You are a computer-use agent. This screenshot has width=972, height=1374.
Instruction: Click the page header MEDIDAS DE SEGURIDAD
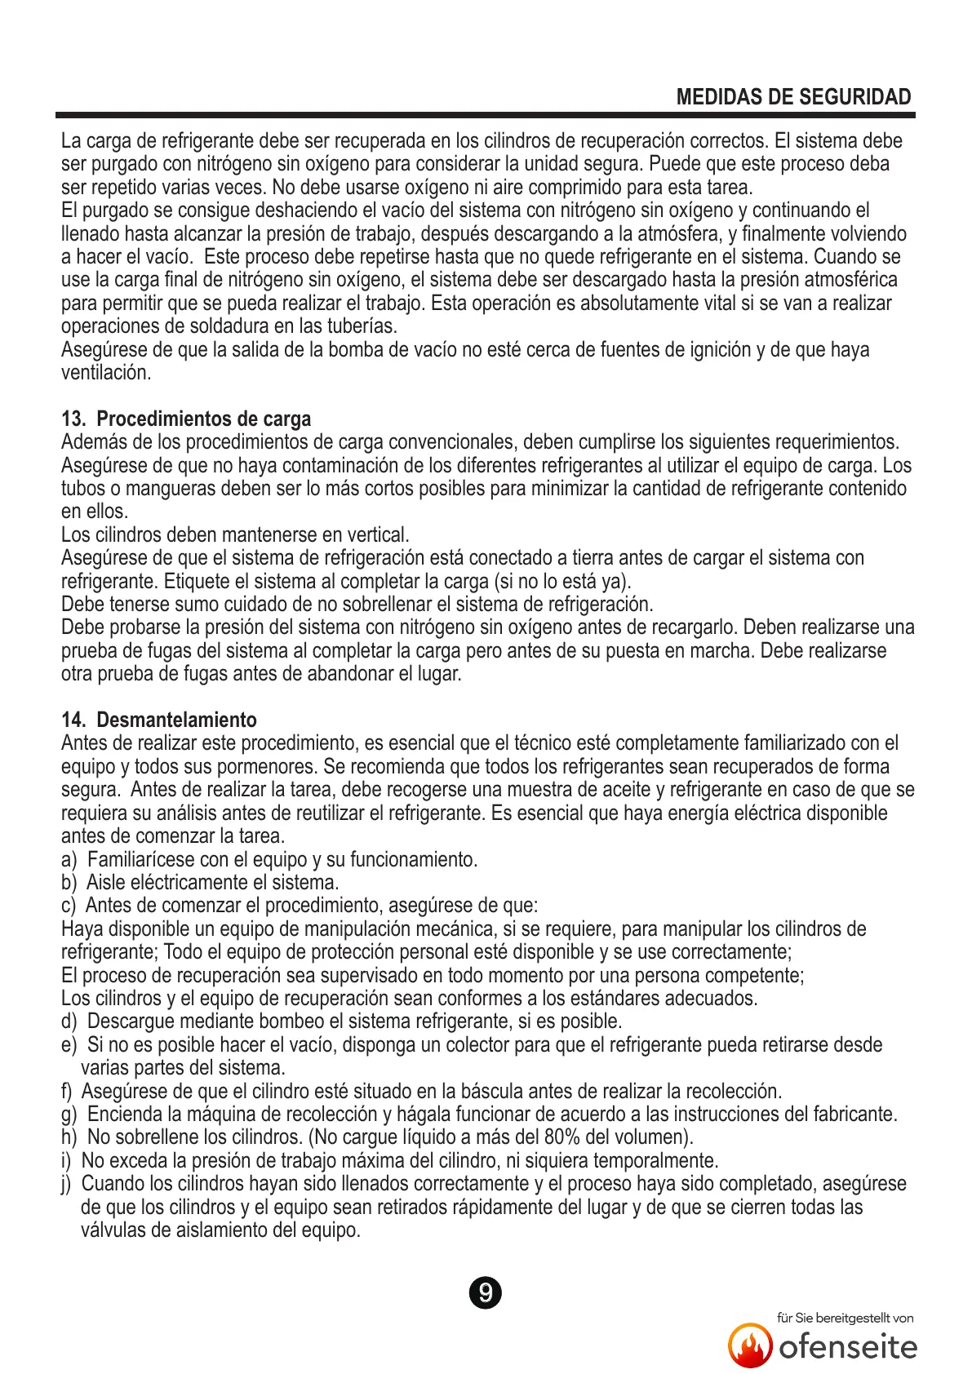click(x=793, y=97)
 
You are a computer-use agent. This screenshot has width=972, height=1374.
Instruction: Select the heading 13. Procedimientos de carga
click(x=186, y=419)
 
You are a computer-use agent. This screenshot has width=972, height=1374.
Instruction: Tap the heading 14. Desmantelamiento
click(x=159, y=720)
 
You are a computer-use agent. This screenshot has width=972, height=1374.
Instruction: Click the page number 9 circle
click(x=486, y=1293)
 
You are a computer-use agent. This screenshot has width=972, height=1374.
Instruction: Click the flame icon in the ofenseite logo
click(x=750, y=1345)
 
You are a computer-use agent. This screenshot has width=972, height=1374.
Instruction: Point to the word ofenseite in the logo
click(x=848, y=1346)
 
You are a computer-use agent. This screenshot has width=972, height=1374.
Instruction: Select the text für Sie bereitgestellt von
click(x=845, y=1318)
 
